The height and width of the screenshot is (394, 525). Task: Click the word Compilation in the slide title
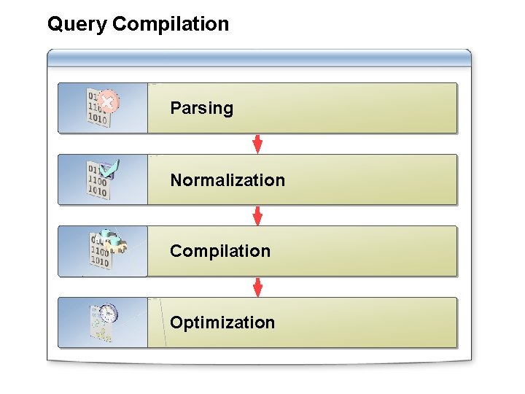coord(171,24)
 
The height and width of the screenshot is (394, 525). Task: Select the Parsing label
coord(201,109)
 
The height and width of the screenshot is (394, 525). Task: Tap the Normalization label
coord(227,180)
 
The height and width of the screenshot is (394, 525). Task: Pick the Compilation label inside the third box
coord(220,251)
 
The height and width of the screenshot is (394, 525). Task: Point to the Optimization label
coord(222,322)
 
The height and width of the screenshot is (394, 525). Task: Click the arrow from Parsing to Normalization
coord(257,144)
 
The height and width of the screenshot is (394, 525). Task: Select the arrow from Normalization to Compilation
coord(257,215)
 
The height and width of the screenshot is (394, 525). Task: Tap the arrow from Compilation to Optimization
coord(257,287)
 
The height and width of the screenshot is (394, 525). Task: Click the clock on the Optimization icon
coord(108,314)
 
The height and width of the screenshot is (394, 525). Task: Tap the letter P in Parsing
coord(175,109)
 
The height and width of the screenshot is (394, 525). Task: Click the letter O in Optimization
coord(176,322)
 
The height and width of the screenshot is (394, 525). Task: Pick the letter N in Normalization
coord(176,180)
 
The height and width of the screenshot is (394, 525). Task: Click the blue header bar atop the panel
coord(259,58)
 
